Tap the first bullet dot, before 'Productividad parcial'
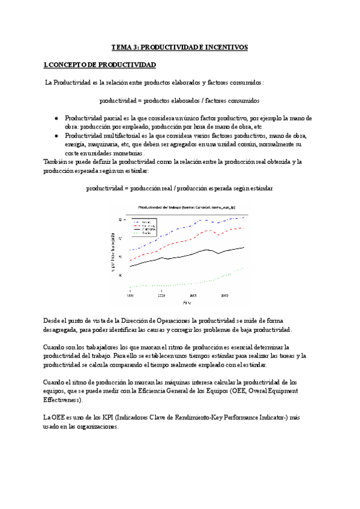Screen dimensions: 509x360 56,118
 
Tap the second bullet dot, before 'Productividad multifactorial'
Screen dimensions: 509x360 56,136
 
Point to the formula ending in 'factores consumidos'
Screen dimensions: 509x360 179,100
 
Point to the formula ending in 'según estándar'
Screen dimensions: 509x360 179,188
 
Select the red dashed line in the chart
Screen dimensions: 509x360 180,242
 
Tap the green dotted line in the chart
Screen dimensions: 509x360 180,284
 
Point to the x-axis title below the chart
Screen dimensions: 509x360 185,303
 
